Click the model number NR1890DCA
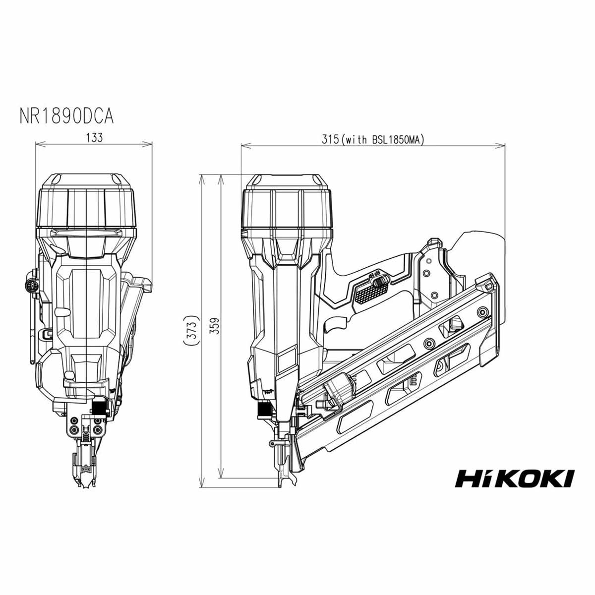pyautogui.click(x=66, y=116)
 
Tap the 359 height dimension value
pyautogui.click(x=214, y=326)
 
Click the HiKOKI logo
pyautogui.click(x=514, y=478)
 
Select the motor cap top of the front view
pyautogui.click(x=86, y=179)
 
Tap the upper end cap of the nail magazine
pyautogui.click(x=486, y=284)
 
